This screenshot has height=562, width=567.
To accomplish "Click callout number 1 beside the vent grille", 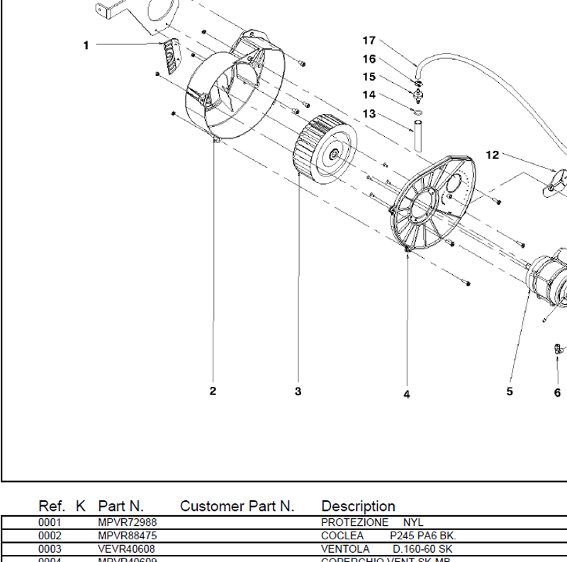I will pyautogui.click(x=86, y=45).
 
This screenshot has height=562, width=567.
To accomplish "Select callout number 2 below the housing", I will pyautogui.click(x=213, y=390).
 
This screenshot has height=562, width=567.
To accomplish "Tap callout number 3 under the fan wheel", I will pyautogui.click(x=298, y=391).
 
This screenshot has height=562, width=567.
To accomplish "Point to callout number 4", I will pyautogui.click(x=407, y=394).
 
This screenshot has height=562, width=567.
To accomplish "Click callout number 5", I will pyautogui.click(x=510, y=391).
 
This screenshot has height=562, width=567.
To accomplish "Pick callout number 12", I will pyautogui.click(x=493, y=154).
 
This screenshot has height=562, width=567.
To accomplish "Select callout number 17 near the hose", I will pyautogui.click(x=369, y=40).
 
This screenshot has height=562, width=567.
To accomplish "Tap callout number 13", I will pyautogui.click(x=369, y=113).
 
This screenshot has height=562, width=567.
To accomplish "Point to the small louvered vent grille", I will pyautogui.click(x=171, y=55).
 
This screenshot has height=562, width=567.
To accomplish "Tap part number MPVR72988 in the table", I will pyautogui.click(x=127, y=522).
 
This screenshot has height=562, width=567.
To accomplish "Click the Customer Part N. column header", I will pyautogui.click(x=237, y=506).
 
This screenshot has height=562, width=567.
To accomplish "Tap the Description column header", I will pyautogui.click(x=358, y=506).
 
